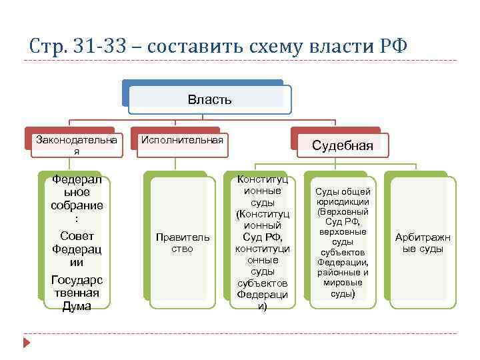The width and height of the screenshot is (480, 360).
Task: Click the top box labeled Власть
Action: (x=209, y=100)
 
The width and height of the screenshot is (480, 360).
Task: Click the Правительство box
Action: (x=182, y=243)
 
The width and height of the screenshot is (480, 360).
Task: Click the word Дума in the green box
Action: (x=77, y=306)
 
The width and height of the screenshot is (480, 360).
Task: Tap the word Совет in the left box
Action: (x=77, y=236)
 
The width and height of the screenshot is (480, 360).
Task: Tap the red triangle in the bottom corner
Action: (x=27, y=342)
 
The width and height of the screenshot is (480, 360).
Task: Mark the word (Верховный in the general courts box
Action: (x=343, y=211)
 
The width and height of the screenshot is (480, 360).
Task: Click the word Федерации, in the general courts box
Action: (x=343, y=262)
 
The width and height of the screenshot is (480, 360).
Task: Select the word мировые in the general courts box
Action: (x=343, y=283)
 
